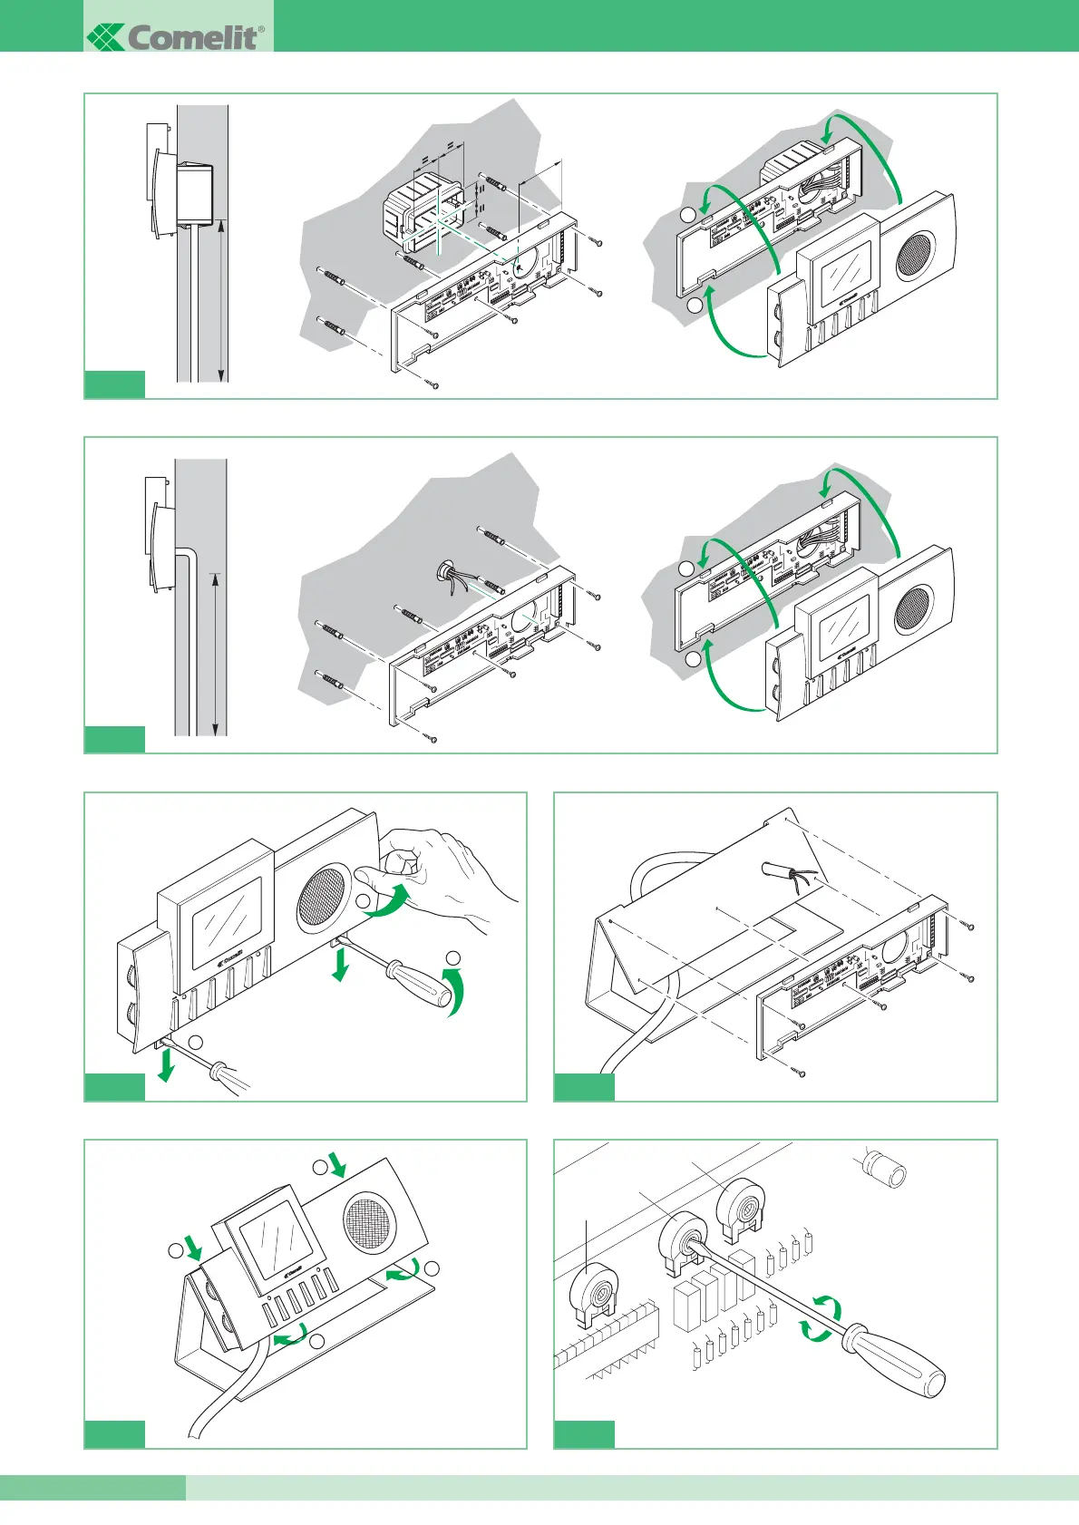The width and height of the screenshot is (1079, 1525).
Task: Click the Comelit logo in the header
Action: pos(176,36)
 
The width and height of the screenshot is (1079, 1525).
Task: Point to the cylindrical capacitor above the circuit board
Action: pos(884,1169)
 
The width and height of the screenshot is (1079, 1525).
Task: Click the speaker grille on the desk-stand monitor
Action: pos(371,1219)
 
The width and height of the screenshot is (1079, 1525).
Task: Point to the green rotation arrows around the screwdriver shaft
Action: pos(821,1319)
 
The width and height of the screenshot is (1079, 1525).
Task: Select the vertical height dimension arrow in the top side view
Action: pos(221,299)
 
